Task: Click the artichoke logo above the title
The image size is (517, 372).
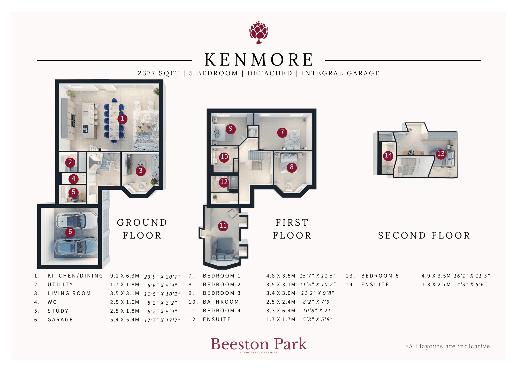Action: coord(258,32)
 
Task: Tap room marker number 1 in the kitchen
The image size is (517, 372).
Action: coord(122,119)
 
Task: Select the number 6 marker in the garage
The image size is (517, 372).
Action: coord(70,232)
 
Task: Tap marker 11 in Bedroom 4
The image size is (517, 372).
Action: coord(223,226)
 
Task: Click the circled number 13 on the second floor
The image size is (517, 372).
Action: coord(441,154)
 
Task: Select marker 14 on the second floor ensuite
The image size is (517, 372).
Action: coord(388,155)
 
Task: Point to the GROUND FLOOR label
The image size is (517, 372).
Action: coord(142,229)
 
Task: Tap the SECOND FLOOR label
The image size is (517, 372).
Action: coord(424,235)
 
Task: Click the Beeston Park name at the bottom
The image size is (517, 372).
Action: coord(259,344)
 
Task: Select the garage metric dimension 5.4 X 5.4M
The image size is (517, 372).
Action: coord(125,320)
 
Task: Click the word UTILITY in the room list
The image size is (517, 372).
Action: coord(60,284)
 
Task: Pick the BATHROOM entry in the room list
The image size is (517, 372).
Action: coord(221,302)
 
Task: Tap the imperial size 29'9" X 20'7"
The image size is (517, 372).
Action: coord(162,276)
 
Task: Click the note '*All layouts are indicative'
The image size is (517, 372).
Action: coord(447,346)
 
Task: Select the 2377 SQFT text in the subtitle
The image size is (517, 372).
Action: coord(158,73)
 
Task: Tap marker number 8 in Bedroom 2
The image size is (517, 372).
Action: coord(292,167)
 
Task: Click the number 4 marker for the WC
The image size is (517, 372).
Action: coord(73,179)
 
